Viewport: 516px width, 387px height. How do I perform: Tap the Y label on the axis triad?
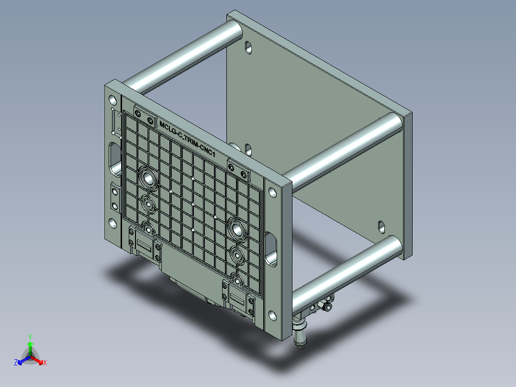[30, 337]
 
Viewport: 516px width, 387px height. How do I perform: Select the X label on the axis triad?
[45, 363]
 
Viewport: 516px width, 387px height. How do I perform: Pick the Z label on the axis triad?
[15, 363]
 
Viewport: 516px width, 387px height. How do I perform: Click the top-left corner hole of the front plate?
[112, 101]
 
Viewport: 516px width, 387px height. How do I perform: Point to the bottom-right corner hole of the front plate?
[272, 315]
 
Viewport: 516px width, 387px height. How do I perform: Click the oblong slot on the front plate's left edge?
[115, 157]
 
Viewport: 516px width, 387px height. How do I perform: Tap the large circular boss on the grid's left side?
[147, 179]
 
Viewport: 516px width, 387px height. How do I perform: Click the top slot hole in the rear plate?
[248, 47]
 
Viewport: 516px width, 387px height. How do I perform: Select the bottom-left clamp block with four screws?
[144, 245]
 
